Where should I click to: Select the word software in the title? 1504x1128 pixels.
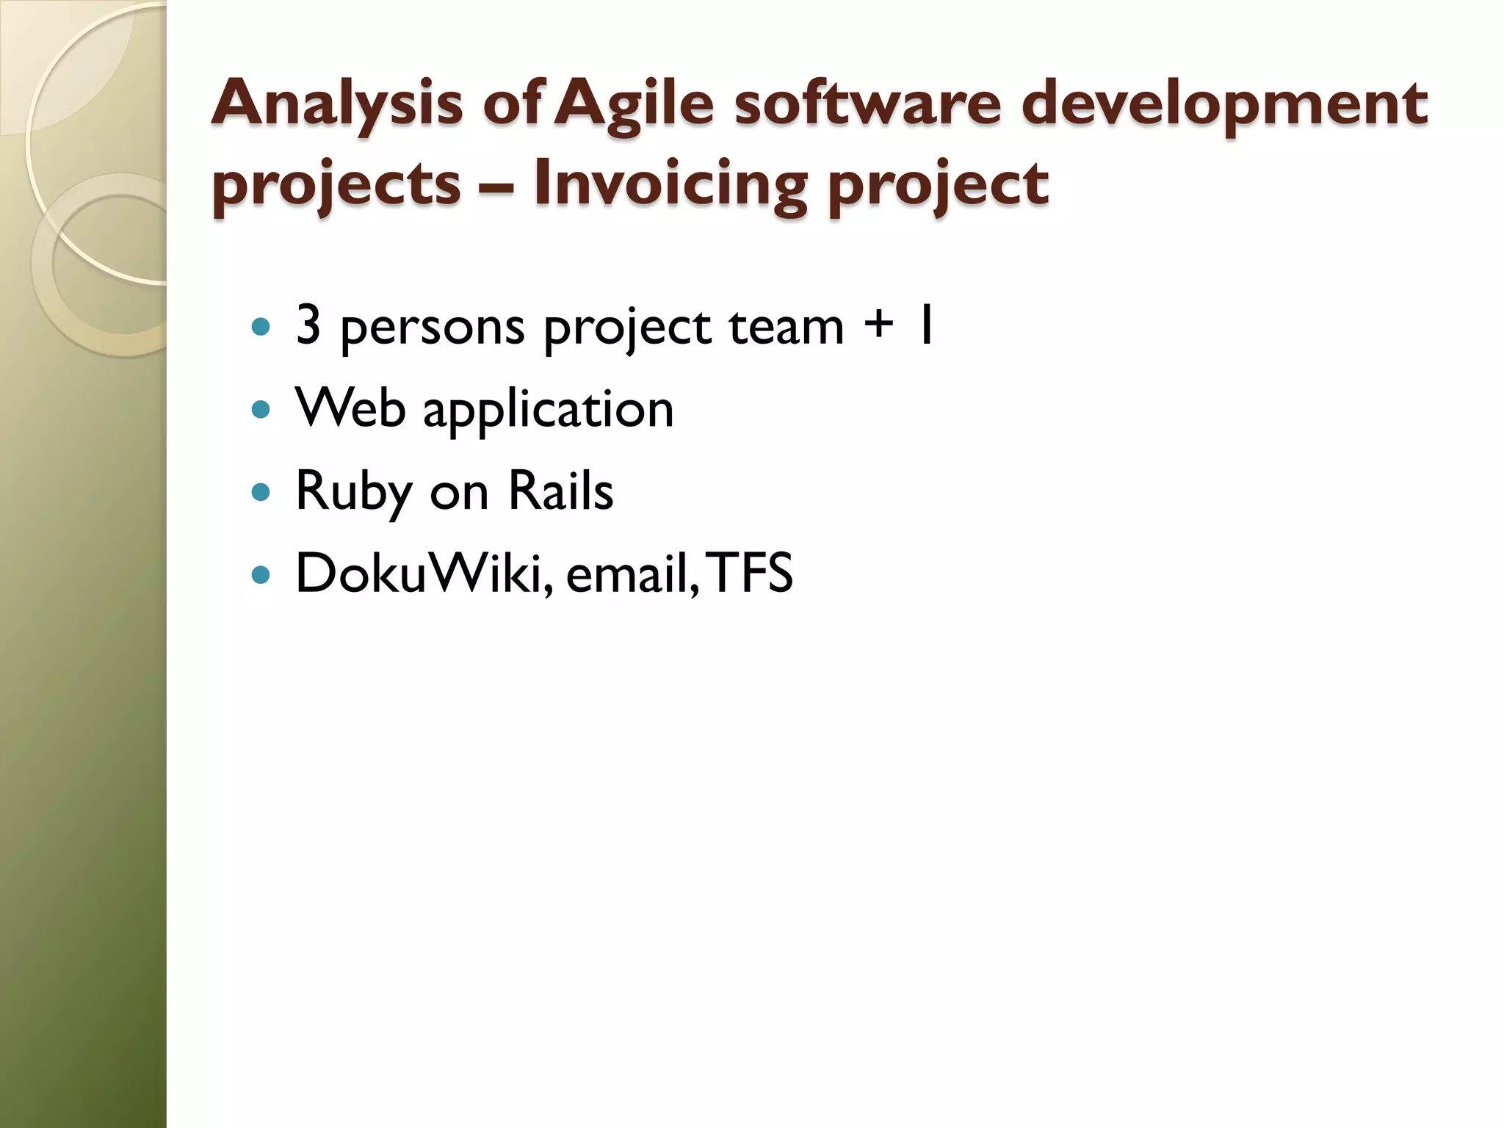point(867,104)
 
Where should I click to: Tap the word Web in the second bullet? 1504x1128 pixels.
point(350,408)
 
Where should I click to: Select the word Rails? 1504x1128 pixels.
point(560,491)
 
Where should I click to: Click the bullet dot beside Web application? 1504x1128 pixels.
point(261,409)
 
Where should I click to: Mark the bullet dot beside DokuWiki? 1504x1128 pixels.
point(261,574)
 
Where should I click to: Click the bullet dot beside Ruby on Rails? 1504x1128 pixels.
point(261,491)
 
